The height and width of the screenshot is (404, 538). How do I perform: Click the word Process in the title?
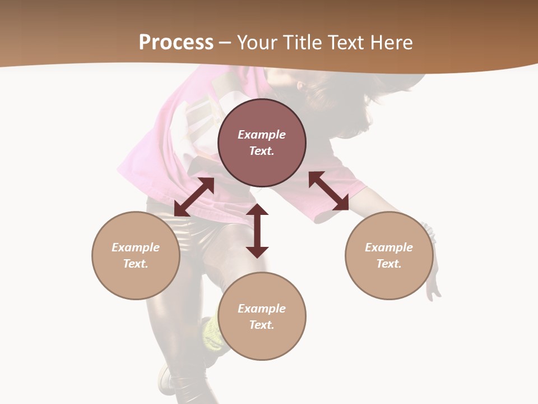coord(176,43)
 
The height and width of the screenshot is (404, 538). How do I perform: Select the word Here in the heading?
coord(391,43)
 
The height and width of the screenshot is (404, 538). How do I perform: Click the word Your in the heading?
coord(257,43)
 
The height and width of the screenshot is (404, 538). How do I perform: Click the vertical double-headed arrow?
coord(257,231)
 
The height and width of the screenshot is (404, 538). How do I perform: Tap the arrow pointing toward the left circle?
coord(194,197)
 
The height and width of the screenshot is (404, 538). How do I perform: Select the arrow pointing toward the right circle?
coord(329,191)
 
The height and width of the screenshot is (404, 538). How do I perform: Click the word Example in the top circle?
coord(262,135)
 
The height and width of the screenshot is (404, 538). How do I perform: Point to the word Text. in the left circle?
coord(136,264)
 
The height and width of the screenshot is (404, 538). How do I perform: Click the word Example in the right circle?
coord(389,247)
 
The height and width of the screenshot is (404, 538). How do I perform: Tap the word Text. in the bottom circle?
coord(262,325)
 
